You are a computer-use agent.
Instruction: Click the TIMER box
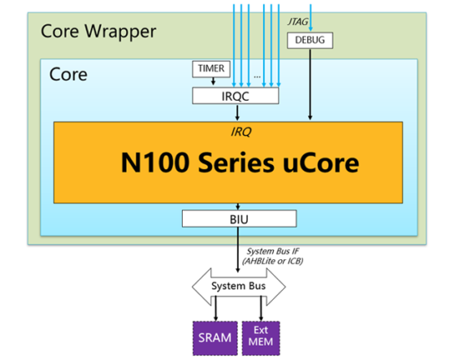coord(211,69)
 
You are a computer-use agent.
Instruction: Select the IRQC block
coord(236,96)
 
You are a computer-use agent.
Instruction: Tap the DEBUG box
coord(310,40)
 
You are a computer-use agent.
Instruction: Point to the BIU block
coord(239,219)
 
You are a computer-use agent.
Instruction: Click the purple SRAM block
coord(215,338)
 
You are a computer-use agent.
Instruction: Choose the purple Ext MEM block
coord(261,338)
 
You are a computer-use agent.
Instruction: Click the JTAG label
coord(297,22)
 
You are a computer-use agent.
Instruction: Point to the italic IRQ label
coord(240,132)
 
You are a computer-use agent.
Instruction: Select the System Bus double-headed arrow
coord(239,287)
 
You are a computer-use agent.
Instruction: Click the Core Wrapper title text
coord(98,32)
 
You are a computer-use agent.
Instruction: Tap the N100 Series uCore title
coord(240,163)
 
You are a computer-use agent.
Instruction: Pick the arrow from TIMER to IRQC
coord(213,81)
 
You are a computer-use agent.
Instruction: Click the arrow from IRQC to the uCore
coord(237,113)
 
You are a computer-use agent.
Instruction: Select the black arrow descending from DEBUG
coord(310,85)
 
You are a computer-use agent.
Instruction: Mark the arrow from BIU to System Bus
coord(238,249)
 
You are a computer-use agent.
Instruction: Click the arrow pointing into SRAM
coord(215,308)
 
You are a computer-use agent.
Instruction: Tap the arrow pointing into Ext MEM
coord(261,308)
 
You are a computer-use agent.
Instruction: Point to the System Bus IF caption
coord(273,256)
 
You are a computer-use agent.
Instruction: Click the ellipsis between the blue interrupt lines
coord(257,77)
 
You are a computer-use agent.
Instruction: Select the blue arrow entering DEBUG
coord(310,17)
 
